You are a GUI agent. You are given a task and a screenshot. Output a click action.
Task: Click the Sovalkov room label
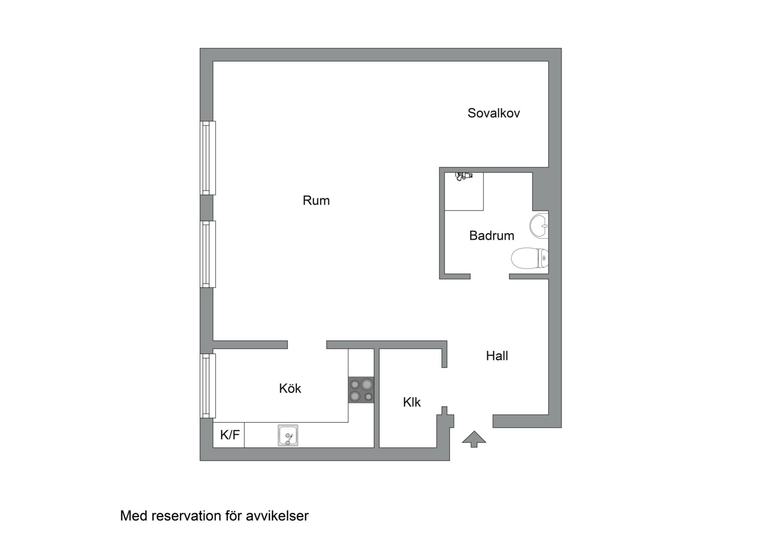(x=494, y=113)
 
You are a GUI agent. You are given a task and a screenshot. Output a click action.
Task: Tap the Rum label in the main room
(x=316, y=201)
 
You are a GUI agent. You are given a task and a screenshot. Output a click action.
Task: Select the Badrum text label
(x=492, y=236)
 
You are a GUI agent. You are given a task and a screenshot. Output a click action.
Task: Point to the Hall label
(x=497, y=356)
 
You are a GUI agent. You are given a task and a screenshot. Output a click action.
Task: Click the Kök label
(x=290, y=388)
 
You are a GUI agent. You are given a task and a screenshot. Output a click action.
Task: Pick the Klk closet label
(x=412, y=402)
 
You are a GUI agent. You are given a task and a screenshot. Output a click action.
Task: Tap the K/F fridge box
(x=229, y=435)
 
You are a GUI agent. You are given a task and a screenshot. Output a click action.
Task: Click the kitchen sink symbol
(x=288, y=435)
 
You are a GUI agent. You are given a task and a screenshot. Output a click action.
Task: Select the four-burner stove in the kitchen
(x=362, y=390)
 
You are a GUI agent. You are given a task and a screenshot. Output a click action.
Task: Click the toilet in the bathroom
(x=530, y=258)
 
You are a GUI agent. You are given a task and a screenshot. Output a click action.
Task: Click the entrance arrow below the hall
(x=474, y=439)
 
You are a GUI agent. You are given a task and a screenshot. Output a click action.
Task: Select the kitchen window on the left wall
(x=208, y=386)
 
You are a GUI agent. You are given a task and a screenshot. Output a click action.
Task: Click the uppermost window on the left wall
(x=208, y=158)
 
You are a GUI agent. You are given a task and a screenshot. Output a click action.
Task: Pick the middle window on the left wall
(x=208, y=254)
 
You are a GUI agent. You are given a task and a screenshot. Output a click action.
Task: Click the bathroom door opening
(x=490, y=276)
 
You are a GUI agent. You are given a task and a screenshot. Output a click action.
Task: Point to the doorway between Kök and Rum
(x=307, y=345)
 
